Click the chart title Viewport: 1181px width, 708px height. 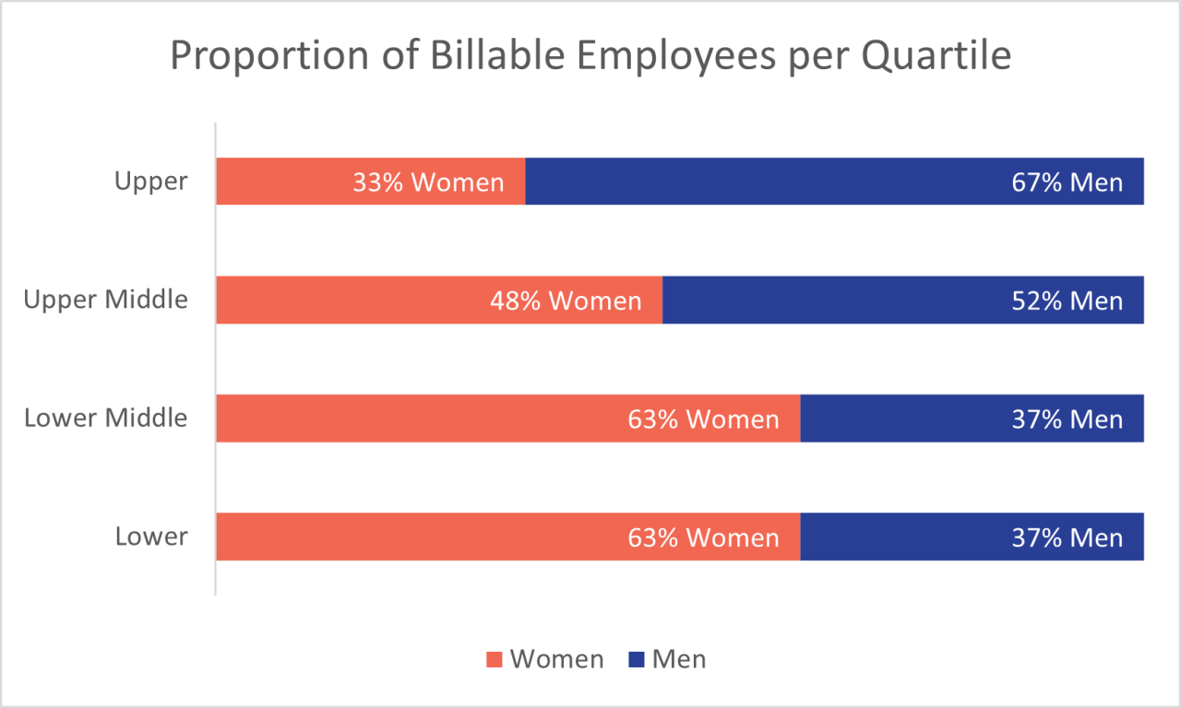pos(590,57)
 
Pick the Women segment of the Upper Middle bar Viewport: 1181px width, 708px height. pos(351,300)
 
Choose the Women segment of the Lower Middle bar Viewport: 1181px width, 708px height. pos(415,419)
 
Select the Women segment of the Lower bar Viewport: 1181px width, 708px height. pos(415,537)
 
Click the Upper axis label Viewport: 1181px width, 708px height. pos(151,182)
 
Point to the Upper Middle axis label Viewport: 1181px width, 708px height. pos(106,300)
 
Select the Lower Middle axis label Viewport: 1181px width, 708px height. pos(106,419)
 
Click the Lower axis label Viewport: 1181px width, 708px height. pos(151,537)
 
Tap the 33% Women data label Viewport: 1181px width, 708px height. pos(428,183)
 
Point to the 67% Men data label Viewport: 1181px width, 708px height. pos(1068,183)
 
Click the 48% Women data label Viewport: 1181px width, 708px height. pos(565,301)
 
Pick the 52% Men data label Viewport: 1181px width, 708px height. pos(1068,301)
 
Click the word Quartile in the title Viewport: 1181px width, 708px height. pos(936,57)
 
